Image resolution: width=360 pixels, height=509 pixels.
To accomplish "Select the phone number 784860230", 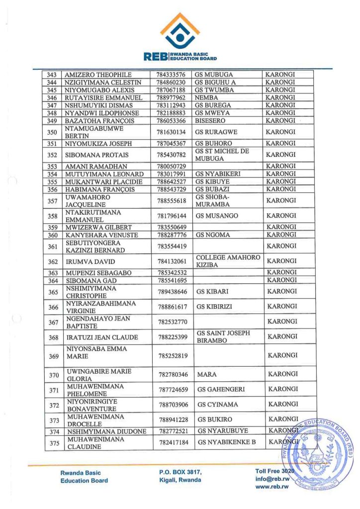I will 171,82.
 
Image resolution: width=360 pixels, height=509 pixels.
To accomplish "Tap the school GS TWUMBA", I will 212,90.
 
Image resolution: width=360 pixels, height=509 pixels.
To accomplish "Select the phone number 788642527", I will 171,181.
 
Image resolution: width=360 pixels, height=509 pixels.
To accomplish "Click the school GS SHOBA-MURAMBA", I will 215,200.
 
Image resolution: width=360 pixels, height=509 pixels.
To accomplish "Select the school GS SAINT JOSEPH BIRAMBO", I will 223,337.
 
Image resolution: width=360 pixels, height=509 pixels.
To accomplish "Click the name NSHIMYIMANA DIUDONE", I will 105,431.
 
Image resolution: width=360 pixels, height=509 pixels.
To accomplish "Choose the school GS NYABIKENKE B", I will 226,442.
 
